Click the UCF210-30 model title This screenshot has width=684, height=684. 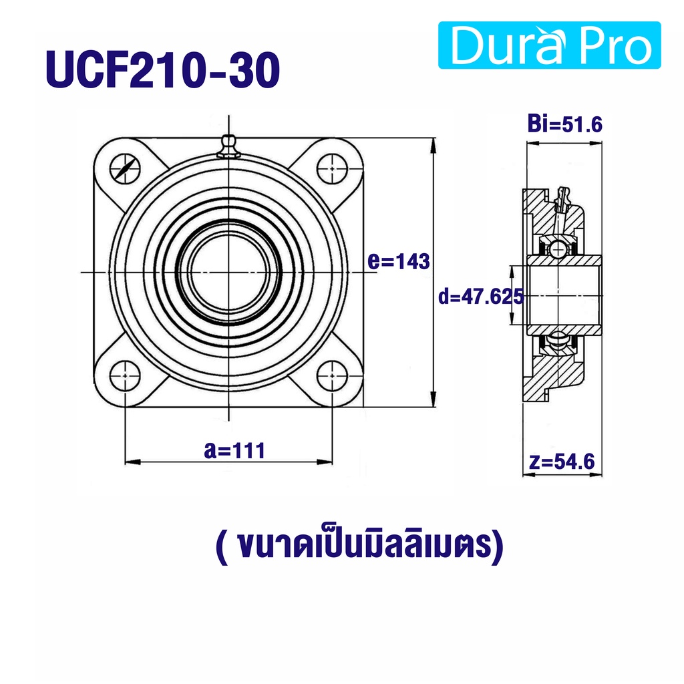click(x=163, y=69)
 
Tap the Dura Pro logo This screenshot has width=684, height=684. click(x=549, y=45)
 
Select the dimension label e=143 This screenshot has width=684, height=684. click(x=399, y=261)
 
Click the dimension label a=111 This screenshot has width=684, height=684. click(x=234, y=451)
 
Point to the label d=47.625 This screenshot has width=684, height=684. click(x=480, y=297)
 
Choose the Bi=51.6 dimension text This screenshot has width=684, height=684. click(x=565, y=124)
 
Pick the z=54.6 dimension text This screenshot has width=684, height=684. click(x=562, y=462)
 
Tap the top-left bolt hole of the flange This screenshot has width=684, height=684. click(x=125, y=168)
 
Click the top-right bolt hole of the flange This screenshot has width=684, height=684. click(x=332, y=168)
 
